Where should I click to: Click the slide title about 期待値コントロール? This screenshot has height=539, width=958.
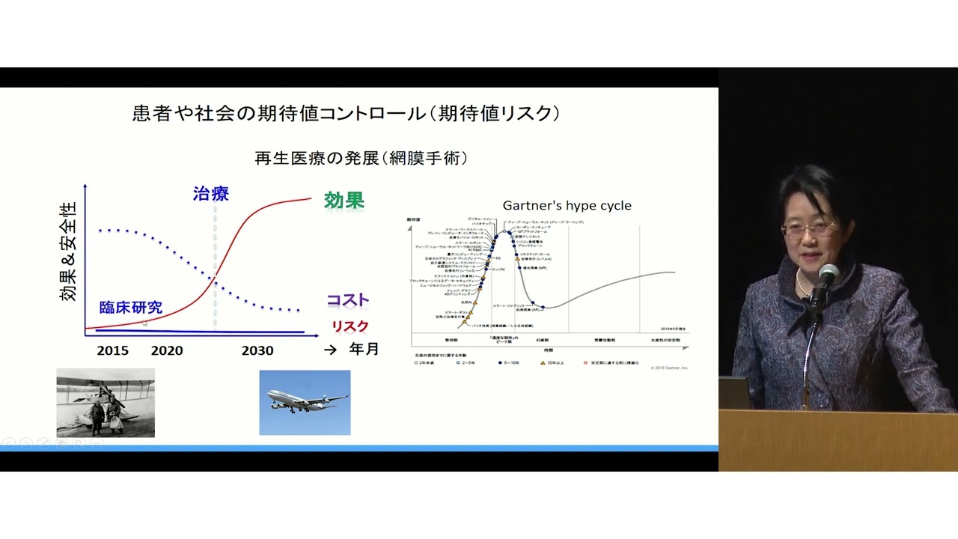[x=347, y=114]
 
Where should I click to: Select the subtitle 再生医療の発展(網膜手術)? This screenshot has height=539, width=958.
[x=361, y=158]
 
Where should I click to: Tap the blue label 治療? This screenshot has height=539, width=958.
[x=211, y=194]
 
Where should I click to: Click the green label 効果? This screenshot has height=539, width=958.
[x=344, y=201]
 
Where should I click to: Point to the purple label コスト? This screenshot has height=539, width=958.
[x=348, y=300]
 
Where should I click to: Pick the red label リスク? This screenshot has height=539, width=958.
[x=350, y=326]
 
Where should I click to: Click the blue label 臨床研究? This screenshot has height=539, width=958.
[x=131, y=308]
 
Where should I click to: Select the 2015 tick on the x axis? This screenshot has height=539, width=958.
[x=112, y=350]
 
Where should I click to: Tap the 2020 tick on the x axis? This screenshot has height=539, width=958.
[x=167, y=350]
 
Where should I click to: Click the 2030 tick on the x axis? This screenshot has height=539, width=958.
[x=257, y=350]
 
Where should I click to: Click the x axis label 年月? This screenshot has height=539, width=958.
[x=364, y=350]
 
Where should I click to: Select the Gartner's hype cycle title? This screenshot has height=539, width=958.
[x=567, y=205]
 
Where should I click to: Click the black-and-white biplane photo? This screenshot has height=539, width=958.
[x=106, y=403]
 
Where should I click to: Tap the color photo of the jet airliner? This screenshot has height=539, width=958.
[x=305, y=403]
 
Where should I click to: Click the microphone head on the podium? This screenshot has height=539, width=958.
[x=827, y=275]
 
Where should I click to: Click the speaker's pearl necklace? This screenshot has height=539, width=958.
[x=801, y=284]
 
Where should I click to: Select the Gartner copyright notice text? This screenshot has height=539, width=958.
[x=668, y=368]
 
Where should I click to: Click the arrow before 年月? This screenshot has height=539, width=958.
[x=330, y=350]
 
